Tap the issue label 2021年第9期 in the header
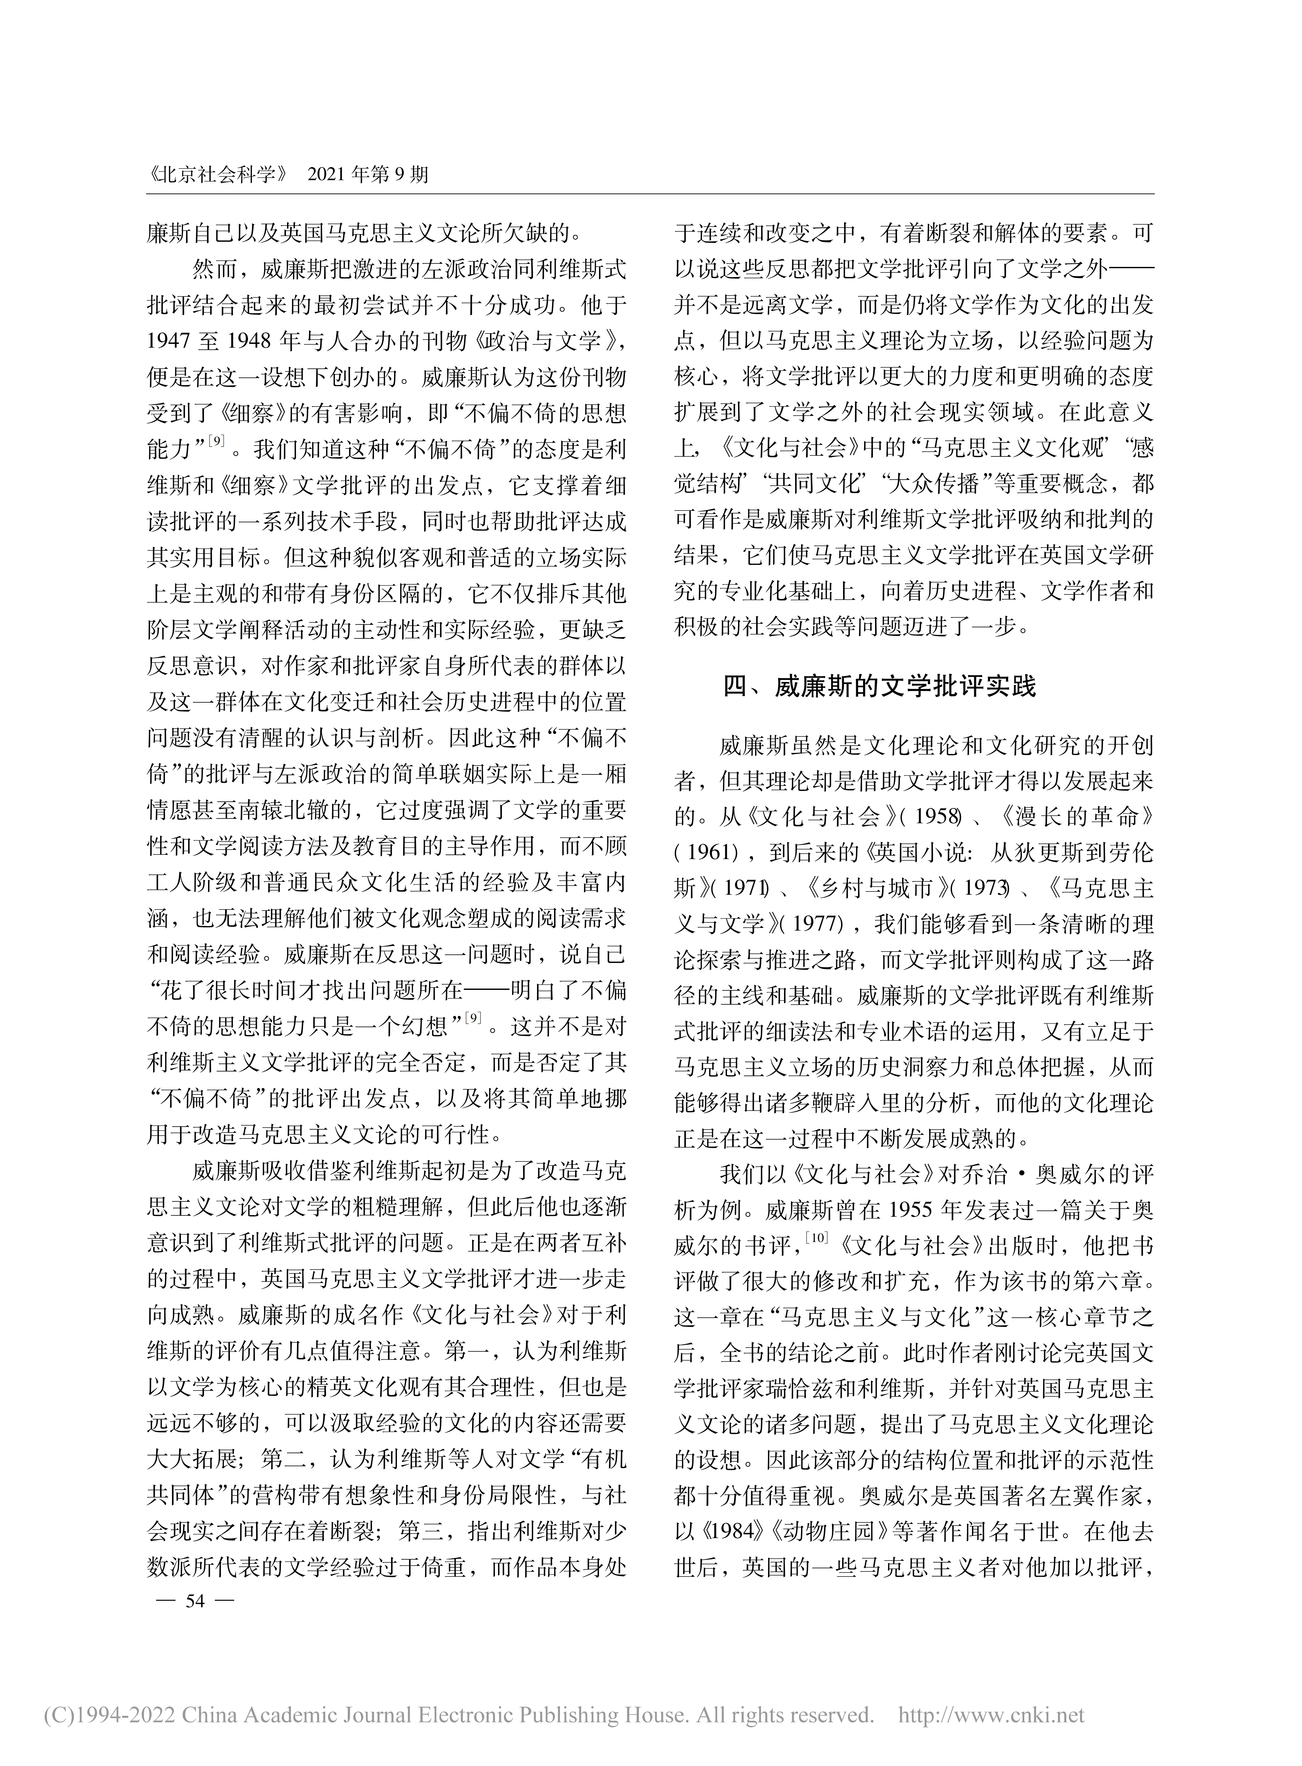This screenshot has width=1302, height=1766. pos(367,174)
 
